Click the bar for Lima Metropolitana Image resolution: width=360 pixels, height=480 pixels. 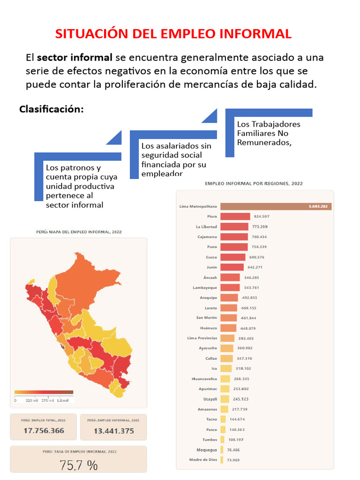[x=276, y=206]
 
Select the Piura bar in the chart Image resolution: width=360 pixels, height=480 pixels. [x=235, y=217]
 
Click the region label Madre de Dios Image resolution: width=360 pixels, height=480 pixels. [x=203, y=460]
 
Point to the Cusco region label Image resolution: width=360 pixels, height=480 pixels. [x=211, y=257]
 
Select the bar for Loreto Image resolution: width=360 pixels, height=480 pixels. [x=228, y=308]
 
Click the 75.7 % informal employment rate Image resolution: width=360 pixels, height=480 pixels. [x=78, y=465]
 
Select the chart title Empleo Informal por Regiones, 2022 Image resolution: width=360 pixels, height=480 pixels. [x=254, y=184]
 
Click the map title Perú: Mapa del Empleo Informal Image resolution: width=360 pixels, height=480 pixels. [x=80, y=232]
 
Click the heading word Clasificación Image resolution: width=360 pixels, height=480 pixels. [x=52, y=109]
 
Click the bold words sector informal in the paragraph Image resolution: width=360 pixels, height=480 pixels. [x=75, y=58]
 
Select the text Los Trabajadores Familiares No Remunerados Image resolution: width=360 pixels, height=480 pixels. [x=269, y=134]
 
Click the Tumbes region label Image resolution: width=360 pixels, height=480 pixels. [x=210, y=440]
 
